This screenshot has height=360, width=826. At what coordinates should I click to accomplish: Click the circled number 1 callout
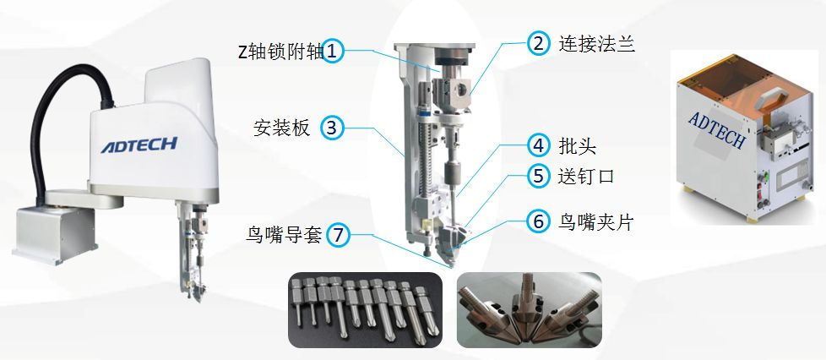[x=333, y=52]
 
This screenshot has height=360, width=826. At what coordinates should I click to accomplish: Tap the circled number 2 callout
[x=538, y=43]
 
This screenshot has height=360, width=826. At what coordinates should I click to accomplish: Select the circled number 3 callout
[x=333, y=128]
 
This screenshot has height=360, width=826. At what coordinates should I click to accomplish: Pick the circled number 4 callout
[x=538, y=145]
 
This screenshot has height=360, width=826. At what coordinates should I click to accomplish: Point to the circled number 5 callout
[x=538, y=176]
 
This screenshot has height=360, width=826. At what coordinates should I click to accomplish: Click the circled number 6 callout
[x=538, y=221]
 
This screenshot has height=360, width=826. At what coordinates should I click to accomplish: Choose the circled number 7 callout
[x=338, y=235]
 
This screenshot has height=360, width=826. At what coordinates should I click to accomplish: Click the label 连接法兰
[x=596, y=43]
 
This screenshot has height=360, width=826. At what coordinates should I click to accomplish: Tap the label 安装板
[x=282, y=128]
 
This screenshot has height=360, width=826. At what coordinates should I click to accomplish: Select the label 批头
[x=577, y=146]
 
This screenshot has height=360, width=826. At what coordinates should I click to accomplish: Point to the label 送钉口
[x=586, y=176]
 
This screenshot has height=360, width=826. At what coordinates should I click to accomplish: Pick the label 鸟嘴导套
[x=284, y=235]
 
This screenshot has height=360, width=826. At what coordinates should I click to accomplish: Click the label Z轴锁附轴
[x=280, y=52]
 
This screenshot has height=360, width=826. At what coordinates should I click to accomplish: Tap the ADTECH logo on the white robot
[x=139, y=145]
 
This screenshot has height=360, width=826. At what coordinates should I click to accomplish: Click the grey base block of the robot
[x=54, y=234]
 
